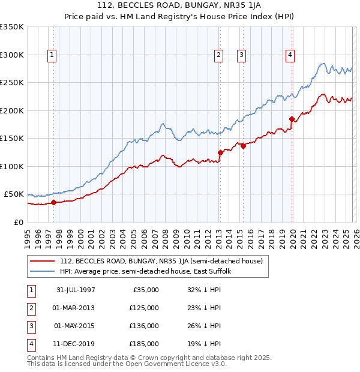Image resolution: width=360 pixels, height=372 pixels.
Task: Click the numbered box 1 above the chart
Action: [52, 55]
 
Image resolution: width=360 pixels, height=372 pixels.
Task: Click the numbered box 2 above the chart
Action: [218, 55]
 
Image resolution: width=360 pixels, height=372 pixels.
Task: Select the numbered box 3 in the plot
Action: [241, 55]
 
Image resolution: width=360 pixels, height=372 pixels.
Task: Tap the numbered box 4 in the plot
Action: [290, 55]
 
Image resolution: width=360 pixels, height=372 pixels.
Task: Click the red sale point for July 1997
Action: [54, 202]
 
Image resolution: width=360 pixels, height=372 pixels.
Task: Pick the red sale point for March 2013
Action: [220, 152]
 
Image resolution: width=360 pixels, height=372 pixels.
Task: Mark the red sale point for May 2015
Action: [243, 146]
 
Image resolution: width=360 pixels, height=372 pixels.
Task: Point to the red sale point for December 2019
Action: [292, 119]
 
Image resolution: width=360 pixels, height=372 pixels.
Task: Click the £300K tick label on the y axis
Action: [12, 55]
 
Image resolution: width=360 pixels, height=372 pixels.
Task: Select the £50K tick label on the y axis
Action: [14, 194]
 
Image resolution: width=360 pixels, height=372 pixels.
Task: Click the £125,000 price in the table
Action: [144, 308]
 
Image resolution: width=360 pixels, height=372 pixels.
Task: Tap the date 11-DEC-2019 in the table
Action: [76, 344]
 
